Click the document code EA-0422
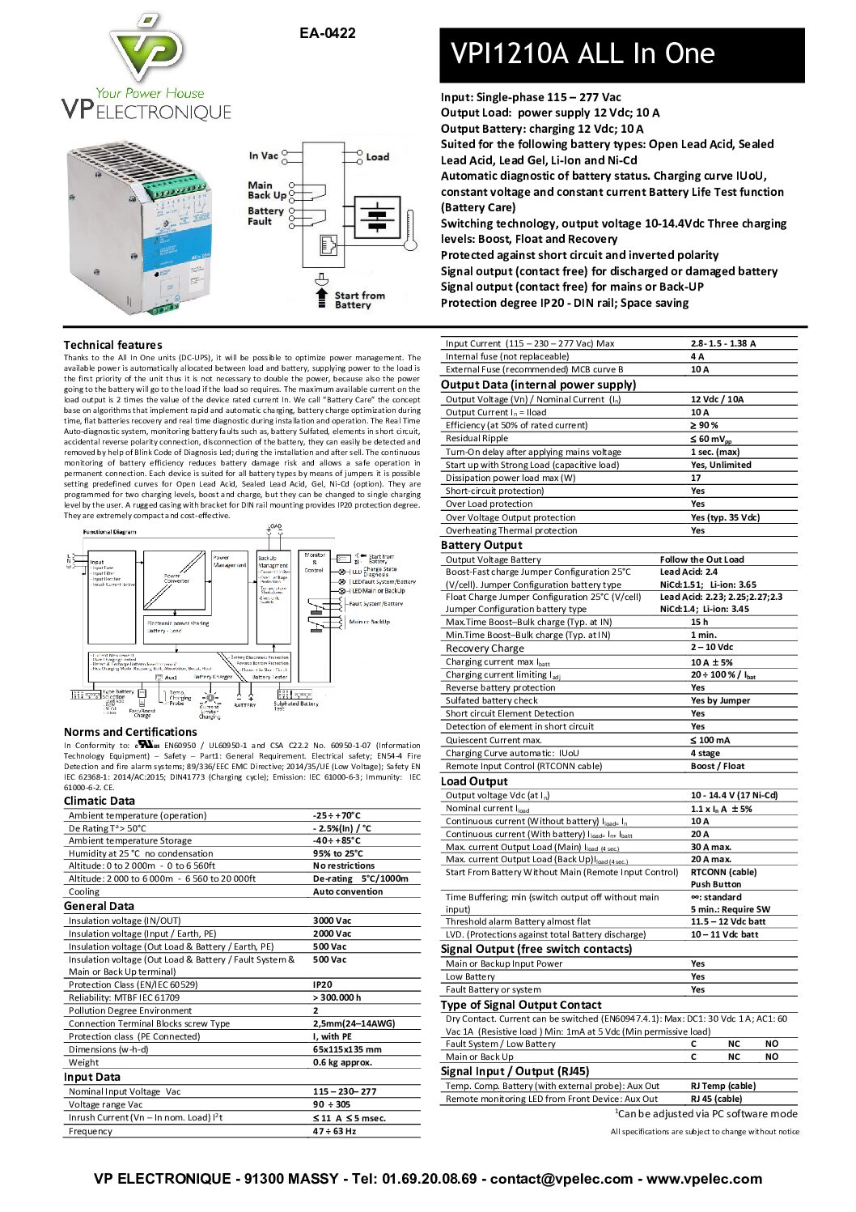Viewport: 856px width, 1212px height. pyautogui.click(x=327, y=33)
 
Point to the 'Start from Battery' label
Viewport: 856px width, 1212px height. pyautogui.click(x=359, y=300)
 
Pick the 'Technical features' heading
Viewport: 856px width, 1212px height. pyautogui.click(x=112, y=345)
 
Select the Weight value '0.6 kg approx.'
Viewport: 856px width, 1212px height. pyautogui.click(x=342, y=1062)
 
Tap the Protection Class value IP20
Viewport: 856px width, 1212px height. pyautogui.click(x=322, y=984)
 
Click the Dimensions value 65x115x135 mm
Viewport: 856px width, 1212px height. pyautogui.click(x=347, y=1049)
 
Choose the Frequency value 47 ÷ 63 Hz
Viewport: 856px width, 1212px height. pyautogui.click(x=334, y=1131)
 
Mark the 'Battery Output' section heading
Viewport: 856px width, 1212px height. pyautogui.click(x=481, y=545)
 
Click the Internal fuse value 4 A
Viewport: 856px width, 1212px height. pyautogui.click(x=697, y=356)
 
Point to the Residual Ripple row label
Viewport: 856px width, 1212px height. pyautogui.click(x=477, y=439)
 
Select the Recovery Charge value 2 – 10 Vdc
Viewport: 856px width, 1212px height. pyautogui.click(x=712, y=648)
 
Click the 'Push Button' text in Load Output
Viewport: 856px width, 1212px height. pyautogui.click(x=715, y=885)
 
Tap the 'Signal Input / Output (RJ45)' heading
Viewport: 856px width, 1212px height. pyautogui.click(x=515, y=1071)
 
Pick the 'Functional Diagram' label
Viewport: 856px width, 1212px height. pyautogui.click(x=109, y=532)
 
